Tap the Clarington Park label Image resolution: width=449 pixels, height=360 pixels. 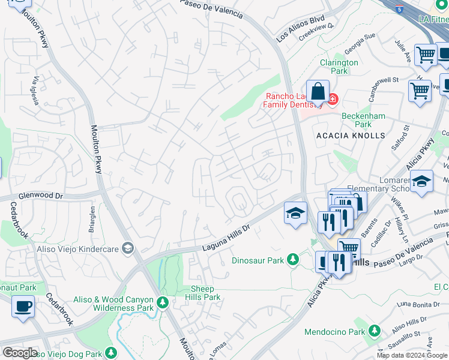pos(339,67)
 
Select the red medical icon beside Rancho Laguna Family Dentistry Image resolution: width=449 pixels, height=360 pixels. pos(332,98)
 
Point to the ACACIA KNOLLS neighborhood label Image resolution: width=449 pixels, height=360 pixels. pos(351,136)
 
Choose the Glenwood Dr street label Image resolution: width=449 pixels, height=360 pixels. pos(41,196)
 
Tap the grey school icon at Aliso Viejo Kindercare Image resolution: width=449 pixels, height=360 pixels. pos(127,248)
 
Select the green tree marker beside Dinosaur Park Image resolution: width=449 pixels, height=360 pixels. pos(292,260)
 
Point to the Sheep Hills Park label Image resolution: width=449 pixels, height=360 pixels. pos(205,293)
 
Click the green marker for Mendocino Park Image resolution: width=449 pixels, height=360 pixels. pos(375,331)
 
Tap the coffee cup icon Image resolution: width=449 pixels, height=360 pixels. pos(23,307)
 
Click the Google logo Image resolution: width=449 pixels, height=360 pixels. pos(20,353)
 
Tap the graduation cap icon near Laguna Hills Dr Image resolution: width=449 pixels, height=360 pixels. pos(295,213)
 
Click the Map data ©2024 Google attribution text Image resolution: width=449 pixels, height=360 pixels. pos(412,355)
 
